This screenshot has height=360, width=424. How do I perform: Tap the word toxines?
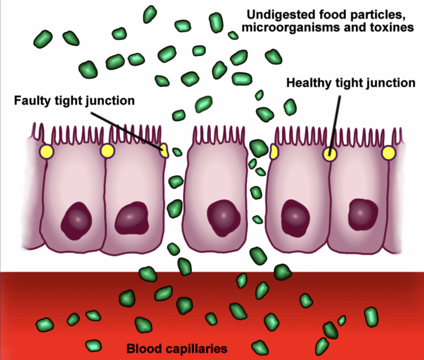(392, 28)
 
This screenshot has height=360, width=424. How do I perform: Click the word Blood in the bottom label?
(142, 349)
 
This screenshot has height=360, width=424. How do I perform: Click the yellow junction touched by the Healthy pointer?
(330, 153)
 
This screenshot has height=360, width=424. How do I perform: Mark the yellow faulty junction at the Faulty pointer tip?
(163, 149)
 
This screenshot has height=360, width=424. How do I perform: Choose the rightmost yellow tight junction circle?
(389, 153)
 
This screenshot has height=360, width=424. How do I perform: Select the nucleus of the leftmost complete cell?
(75, 218)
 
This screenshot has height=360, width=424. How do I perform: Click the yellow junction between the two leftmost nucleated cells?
(106, 150)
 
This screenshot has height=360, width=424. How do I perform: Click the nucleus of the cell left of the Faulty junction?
(132, 215)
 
